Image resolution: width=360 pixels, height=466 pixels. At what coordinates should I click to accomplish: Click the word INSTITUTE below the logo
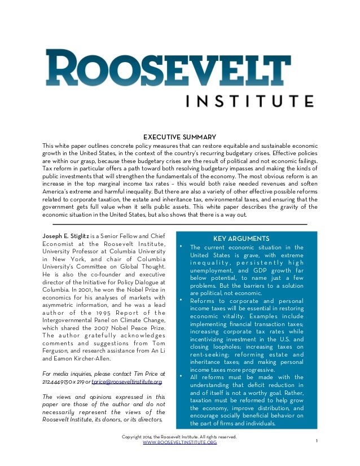(x=250, y=101)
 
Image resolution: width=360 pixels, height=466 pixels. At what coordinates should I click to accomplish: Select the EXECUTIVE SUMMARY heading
(x=179, y=137)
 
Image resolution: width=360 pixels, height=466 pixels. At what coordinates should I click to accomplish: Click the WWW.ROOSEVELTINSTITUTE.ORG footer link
(x=179, y=442)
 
